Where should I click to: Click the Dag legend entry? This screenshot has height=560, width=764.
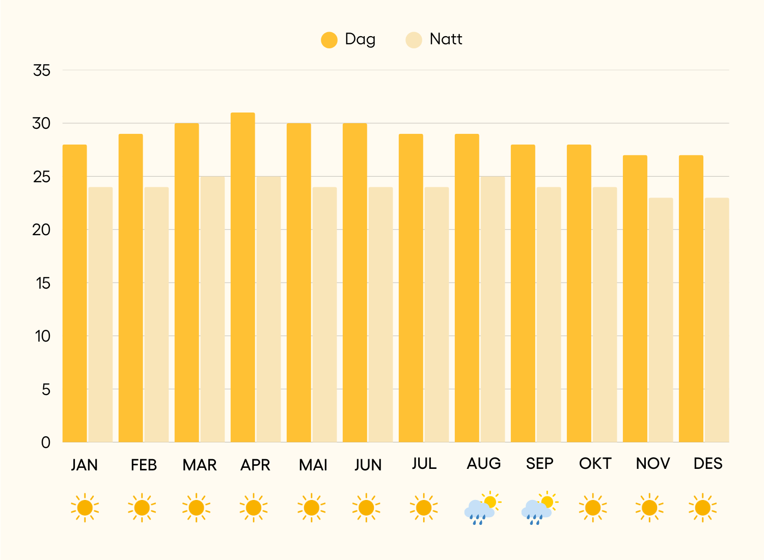[348, 40]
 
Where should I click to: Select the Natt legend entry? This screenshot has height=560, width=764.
[434, 40]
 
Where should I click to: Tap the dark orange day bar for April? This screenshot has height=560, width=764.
[243, 277]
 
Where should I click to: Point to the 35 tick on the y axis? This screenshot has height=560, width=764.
[42, 70]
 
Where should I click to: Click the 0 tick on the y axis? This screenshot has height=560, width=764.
[46, 442]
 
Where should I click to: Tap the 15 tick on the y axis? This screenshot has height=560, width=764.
[43, 283]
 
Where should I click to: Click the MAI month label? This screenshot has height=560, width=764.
[313, 465]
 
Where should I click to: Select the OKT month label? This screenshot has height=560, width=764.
[595, 464]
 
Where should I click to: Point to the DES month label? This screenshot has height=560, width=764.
[708, 464]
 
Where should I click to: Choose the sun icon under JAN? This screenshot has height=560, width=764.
[85, 508]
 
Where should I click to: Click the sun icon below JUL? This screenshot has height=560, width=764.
[424, 508]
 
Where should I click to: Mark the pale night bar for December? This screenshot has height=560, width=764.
[717, 320]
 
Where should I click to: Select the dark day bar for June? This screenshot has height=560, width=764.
[355, 283]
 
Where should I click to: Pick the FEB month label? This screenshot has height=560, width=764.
[144, 465]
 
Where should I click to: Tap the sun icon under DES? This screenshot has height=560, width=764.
[702, 508]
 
